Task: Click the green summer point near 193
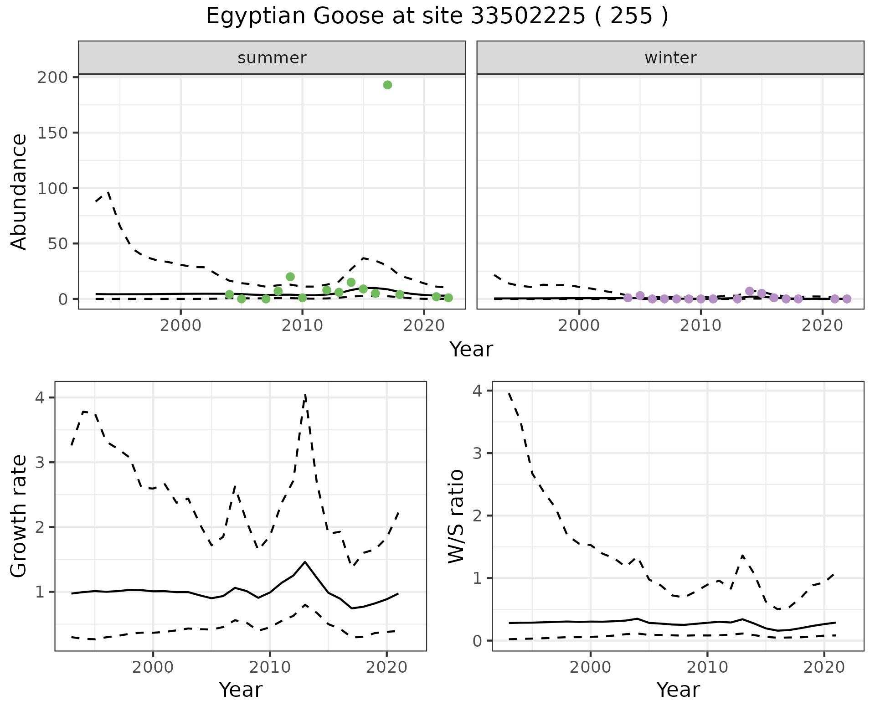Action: [x=387, y=85]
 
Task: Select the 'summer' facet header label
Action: [x=272, y=58]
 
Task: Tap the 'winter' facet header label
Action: [x=670, y=58]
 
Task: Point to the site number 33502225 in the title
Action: [x=528, y=16]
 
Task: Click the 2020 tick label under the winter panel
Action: [x=823, y=326]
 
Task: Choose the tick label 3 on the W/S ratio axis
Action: [x=477, y=453]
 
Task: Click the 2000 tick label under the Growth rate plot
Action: [x=153, y=668]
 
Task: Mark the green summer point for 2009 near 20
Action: [x=290, y=277]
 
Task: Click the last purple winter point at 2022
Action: [x=847, y=299]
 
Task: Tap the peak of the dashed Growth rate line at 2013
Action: [x=305, y=395]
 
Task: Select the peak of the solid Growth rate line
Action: [x=305, y=562]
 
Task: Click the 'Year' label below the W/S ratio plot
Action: [x=678, y=690]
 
